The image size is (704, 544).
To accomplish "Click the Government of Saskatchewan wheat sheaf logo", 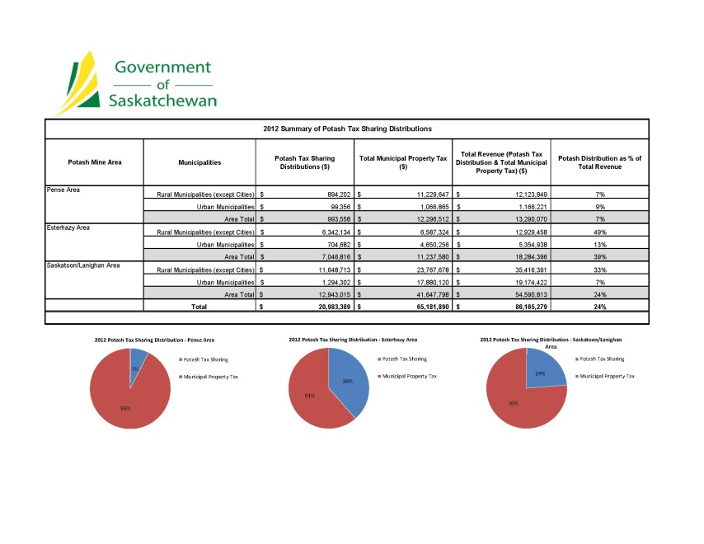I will (x=78, y=82).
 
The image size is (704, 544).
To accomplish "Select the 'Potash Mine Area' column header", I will (x=94, y=162).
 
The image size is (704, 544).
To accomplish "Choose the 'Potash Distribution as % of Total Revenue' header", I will (x=599, y=162).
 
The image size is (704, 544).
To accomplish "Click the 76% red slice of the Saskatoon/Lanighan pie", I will (x=515, y=400).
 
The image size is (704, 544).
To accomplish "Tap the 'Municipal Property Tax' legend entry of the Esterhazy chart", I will (x=407, y=376).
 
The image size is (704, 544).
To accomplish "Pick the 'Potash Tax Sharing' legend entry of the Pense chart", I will (x=205, y=359).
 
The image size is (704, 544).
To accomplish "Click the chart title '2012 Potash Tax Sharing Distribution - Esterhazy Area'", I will (x=353, y=340).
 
